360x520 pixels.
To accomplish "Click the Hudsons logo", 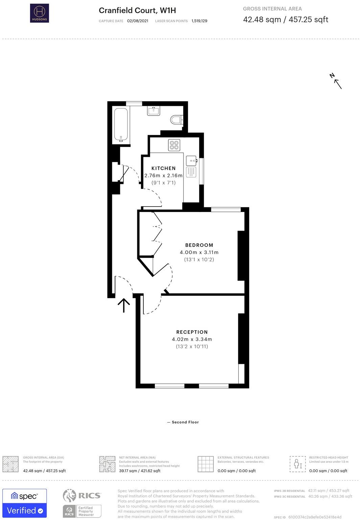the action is [40, 13].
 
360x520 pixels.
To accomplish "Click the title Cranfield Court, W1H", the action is [137, 10].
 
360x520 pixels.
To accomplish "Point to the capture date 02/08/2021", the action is [137, 21].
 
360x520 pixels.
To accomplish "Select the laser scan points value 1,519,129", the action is [199, 21].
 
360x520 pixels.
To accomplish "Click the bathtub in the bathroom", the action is [121, 125].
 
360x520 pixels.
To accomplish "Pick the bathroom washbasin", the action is [153, 111].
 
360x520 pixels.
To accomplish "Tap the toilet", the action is [177, 120].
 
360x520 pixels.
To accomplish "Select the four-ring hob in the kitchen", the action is [174, 145].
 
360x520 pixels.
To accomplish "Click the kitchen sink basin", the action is [191, 160].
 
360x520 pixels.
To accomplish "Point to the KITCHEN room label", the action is [163, 168].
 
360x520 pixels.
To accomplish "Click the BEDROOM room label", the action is [199, 245].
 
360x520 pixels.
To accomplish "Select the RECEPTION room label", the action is [192, 332].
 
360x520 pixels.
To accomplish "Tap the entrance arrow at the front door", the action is [124, 305].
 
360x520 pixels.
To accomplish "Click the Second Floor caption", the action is [185, 422].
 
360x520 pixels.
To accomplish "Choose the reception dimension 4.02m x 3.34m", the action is [192, 339].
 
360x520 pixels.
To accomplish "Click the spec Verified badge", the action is [24, 503].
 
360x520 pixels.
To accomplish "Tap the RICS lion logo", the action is [69, 495].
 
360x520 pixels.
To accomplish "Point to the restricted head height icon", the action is [298, 464].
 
